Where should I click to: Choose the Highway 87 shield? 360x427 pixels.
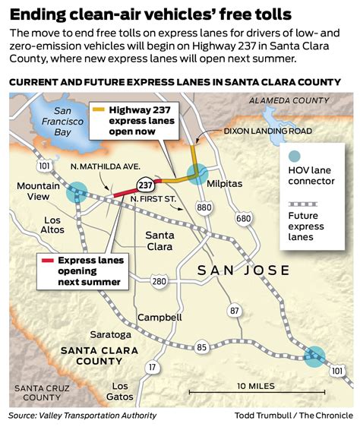(235, 311)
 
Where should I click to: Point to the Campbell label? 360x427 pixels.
(159, 317)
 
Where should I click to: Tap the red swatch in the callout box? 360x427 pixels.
(48, 261)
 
